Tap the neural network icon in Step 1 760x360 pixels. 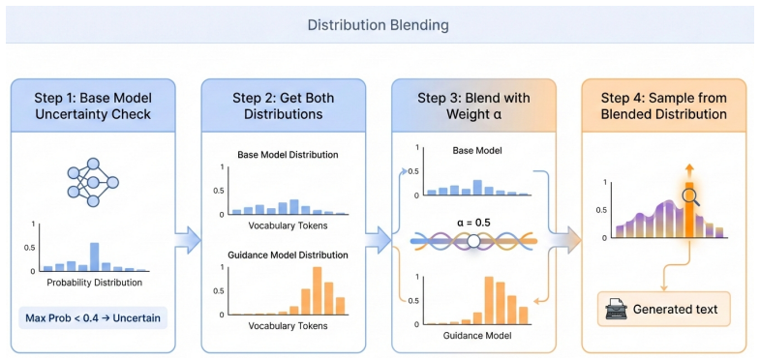point(93,183)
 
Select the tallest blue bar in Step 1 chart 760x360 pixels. point(95,256)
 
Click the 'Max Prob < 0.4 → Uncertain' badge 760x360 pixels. point(93,317)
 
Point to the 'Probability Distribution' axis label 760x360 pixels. point(95,283)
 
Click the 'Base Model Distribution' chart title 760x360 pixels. point(288,156)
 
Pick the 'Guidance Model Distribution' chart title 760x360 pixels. point(288,255)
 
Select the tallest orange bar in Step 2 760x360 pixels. point(318,290)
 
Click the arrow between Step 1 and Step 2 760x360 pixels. point(188,239)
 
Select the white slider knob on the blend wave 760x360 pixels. point(473,241)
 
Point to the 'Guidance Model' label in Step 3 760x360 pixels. point(473,335)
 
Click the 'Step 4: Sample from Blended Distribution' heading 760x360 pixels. point(664,105)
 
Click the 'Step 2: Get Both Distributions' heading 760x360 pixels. point(283,105)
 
